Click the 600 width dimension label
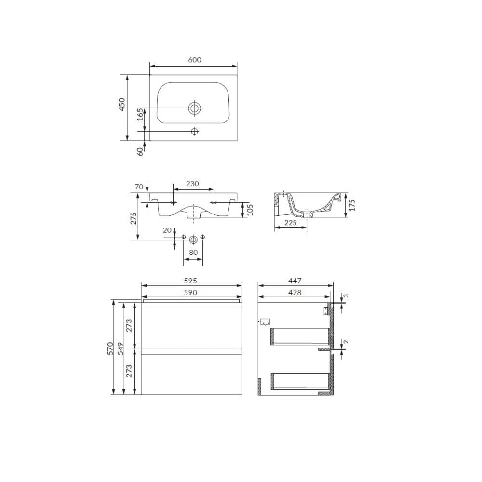click(x=195, y=60)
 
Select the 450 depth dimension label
click(x=122, y=104)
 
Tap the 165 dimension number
click(x=140, y=114)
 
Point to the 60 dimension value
click(x=140, y=151)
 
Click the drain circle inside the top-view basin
click(x=195, y=108)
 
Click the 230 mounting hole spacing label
click(x=192, y=184)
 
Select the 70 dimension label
click(x=139, y=187)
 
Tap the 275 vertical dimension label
click(x=134, y=218)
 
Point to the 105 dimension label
click(x=250, y=210)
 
